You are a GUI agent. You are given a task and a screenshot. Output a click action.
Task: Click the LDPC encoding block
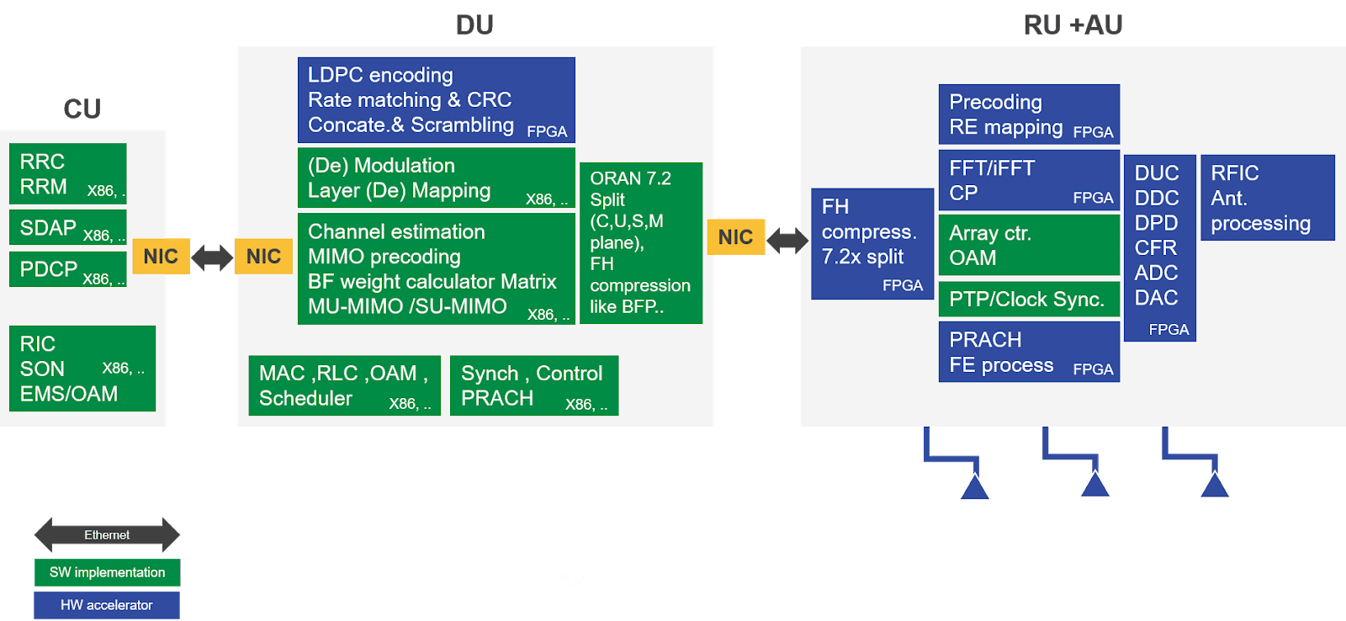436,100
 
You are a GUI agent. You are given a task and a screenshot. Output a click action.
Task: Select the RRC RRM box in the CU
67,174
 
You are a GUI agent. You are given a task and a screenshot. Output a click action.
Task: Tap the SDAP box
67,227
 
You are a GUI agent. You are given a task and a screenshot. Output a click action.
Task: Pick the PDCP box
67,269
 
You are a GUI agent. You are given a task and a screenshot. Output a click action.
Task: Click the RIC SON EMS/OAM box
82,369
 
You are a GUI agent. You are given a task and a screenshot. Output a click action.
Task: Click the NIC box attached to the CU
161,257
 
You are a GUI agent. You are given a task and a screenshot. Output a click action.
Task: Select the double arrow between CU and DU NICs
212,257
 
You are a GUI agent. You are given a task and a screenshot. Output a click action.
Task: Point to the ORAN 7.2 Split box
640,242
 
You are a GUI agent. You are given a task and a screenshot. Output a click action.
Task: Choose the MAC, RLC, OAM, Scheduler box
344,385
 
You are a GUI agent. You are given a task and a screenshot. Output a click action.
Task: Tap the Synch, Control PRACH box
534,385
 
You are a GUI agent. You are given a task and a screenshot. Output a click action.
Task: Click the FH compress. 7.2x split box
872,244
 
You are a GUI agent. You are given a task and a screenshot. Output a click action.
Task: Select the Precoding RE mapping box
1028,114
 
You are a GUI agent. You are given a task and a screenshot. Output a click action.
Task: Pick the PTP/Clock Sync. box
1028,300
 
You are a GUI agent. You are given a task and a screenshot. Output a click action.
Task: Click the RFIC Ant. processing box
1267,198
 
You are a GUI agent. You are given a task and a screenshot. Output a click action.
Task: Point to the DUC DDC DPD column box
1159,247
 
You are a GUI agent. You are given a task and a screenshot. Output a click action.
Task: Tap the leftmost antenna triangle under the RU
974,487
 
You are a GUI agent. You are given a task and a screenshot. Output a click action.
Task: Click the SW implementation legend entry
107,572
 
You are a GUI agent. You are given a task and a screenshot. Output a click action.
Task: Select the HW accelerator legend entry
107,605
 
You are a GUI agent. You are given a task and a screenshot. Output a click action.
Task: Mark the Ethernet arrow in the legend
107,535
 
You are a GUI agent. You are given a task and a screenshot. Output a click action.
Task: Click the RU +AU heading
1073,25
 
